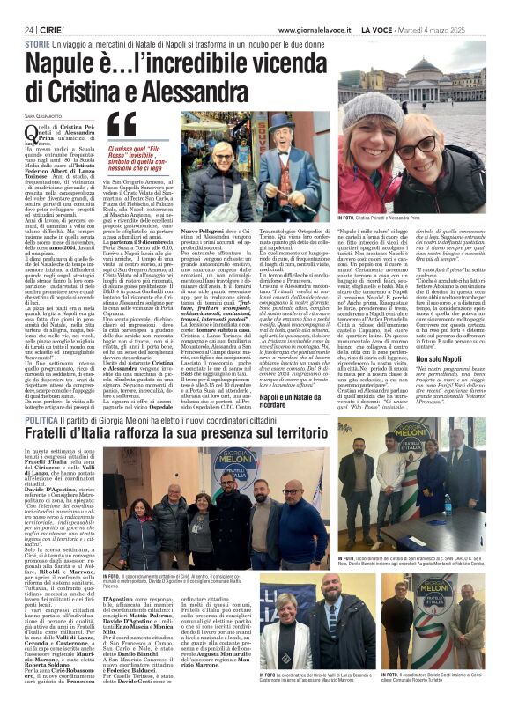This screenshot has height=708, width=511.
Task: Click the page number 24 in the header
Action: (x=29, y=29)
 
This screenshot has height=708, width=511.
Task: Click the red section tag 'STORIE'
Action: (x=37, y=43)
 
